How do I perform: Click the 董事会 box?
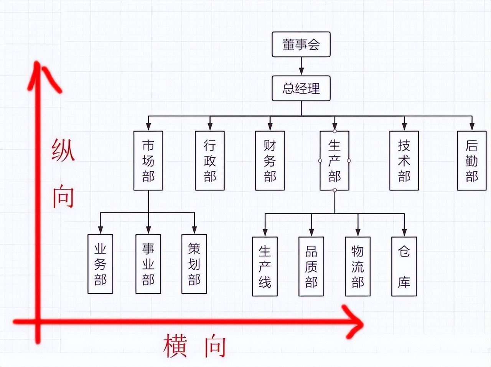pyautogui.click(x=301, y=45)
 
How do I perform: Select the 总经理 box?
pyautogui.click(x=301, y=88)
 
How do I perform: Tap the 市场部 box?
pyautogui.click(x=148, y=160)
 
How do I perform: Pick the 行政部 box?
pyautogui.click(x=210, y=160)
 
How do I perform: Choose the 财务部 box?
pyautogui.click(x=270, y=160)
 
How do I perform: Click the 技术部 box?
pyautogui.click(x=404, y=160)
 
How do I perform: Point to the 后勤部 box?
pyautogui.click(x=471, y=160)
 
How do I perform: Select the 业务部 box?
pyautogui.click(x=100, y=264)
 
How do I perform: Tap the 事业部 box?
pyautogui.click(x=148, y=264)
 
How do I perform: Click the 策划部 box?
pyautogui.click(x=194, y=264)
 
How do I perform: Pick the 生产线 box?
pyautogui.click(x=265, y=266)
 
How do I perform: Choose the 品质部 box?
pyautogui.click(x=311, y=266)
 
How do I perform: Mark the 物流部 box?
pyautogui.click(x=358, y=266)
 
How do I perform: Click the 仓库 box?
pyautogui.click(x=404, y=266)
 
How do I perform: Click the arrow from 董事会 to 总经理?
pyautogui.click(x=301, y=66)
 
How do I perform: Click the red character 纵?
pyautogui.click(x=63, y=150)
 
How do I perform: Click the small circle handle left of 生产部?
pyautogui.click(x=320, y=160)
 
